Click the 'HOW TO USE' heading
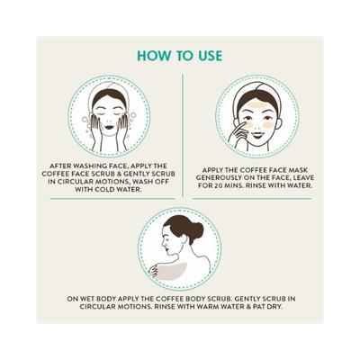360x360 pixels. tap(180, 56)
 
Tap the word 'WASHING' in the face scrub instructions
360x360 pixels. tap(86, 166)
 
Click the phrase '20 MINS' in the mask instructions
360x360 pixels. tap(228, 185)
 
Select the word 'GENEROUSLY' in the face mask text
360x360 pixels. tap(218, 177)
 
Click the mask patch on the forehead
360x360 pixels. tap(256, 105)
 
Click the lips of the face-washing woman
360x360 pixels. tap(109, 127)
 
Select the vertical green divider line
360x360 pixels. tap(183, 136)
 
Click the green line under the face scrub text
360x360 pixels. tap(112, 199)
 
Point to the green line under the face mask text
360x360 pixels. tap(252, 199)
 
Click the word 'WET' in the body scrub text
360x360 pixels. tap(88, 299)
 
